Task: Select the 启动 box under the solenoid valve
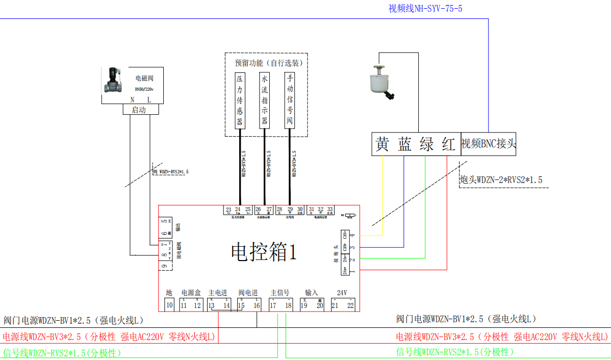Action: [x=139, y=110]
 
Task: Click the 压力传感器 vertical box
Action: [x=239, y=100]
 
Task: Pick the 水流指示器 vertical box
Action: [x=264, y=100]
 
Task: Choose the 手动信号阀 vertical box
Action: [x=290, y=100]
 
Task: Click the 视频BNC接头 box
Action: [x=488, y=144]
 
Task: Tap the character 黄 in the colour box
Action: [x=382, y=144]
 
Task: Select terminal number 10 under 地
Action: [x=170, y=305]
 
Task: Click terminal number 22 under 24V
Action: [x=350, y=305]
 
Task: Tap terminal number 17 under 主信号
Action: [x=273, y=305]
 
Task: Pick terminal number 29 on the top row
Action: [x=290, y=210]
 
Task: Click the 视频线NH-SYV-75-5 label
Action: [x=425, y=8]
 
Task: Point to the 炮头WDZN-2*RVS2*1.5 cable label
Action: [x=501, y=180]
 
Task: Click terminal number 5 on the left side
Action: [x=164, y=222]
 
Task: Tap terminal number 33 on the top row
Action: [x=330, y=210]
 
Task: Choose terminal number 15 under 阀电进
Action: [x=241, y=305]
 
